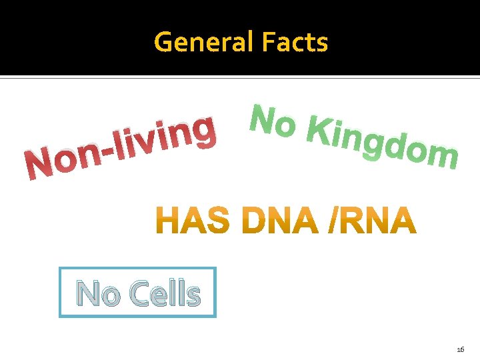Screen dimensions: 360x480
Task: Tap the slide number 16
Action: [x=460, y=349]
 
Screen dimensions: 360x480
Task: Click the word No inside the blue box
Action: [x=97, y=293]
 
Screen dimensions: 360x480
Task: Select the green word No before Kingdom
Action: [x=271, y=121]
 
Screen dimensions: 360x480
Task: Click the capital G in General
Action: [x=164, y=42]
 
